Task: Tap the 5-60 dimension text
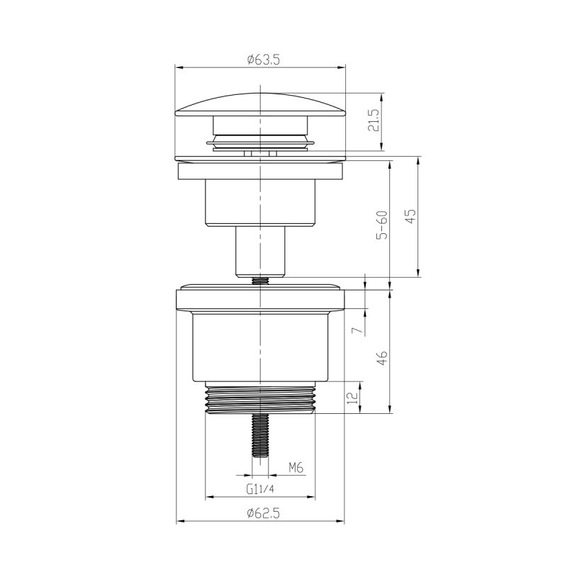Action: coord(383,225)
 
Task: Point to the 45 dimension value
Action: coord(410,216)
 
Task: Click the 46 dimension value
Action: coord(382,358)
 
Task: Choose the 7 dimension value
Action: coord(358,328)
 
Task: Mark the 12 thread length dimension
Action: coord(352,399)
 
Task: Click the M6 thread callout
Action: coord(296,467)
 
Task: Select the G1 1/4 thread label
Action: coord(260,489)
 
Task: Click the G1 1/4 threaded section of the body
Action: coord(260,401)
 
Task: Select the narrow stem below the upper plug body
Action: coord(260,252)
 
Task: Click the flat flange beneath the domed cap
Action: coord(260,172)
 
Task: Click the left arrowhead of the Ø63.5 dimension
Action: coord(179,68)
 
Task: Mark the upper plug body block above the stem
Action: coord(260,203)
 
